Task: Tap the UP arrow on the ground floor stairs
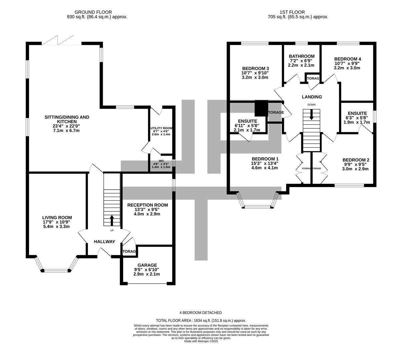coord(111,220)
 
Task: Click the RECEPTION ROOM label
coord(147,205)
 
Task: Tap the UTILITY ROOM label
coord(161,128)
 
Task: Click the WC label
coord(161,161)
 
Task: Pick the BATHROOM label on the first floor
coord(302,56)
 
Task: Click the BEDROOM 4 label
coord(347,59)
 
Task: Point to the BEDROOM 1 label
coord(265,159)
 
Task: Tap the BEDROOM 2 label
coord(356,160)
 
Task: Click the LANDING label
coord(312,97)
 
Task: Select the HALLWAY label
coord(104,242)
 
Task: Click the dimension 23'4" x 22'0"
coord(67,126)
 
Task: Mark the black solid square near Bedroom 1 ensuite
coord(261,108)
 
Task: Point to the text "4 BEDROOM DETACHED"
coord(201,313)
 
